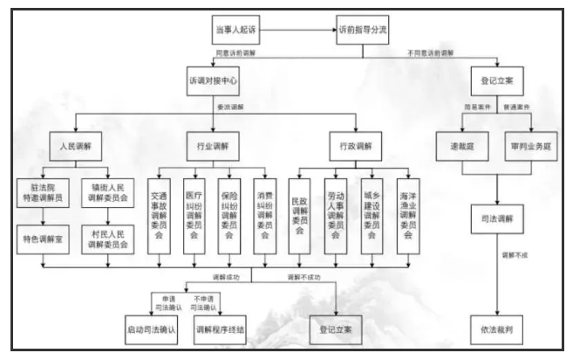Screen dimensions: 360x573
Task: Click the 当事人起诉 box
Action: tap(235, 31)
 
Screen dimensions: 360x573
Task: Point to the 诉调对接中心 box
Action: tap(213, 80)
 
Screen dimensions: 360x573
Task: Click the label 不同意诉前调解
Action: tap(430, 54)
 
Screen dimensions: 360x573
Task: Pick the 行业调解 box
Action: tap(211, 142)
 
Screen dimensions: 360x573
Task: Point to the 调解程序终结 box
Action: tap(221, 330)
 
